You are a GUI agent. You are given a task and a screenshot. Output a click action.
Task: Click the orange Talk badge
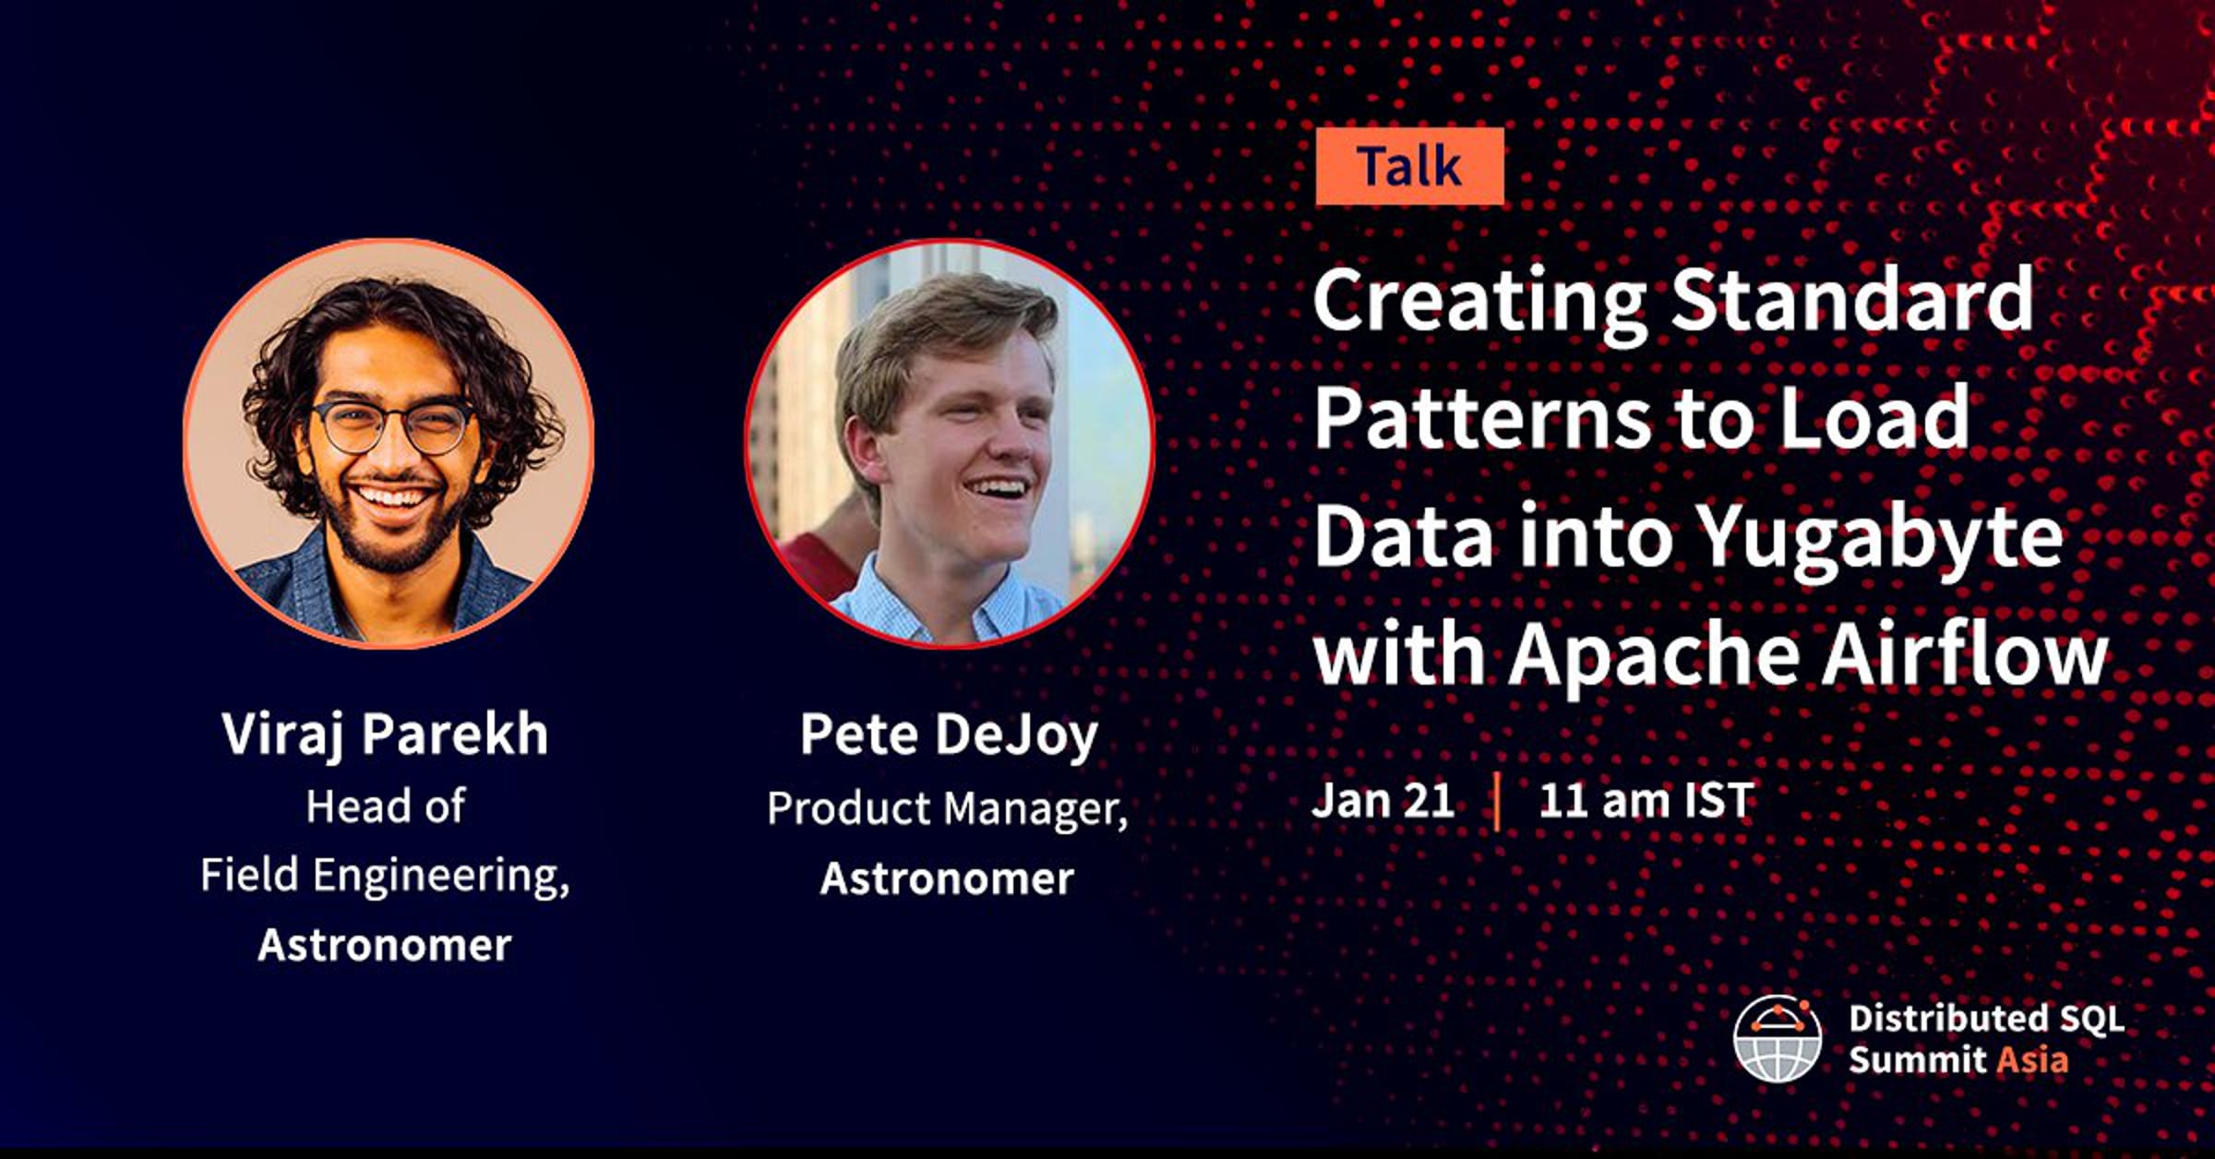click(1409, 166)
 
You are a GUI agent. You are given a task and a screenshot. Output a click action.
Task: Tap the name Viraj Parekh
click(385, 735)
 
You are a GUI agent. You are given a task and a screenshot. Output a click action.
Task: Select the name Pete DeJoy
click(949, 735)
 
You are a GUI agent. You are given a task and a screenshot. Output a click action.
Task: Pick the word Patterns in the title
click(1482, 417)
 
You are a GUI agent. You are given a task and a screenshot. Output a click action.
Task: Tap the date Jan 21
click(1383, 800)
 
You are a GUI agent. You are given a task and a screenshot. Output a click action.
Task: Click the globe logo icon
click(1778, 1038)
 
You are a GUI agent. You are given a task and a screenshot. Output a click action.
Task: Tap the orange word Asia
click(2031, 1059)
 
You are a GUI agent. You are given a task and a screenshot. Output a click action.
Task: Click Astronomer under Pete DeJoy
click(947, 878)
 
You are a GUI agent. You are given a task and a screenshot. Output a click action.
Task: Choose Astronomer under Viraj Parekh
click(385, 945)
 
